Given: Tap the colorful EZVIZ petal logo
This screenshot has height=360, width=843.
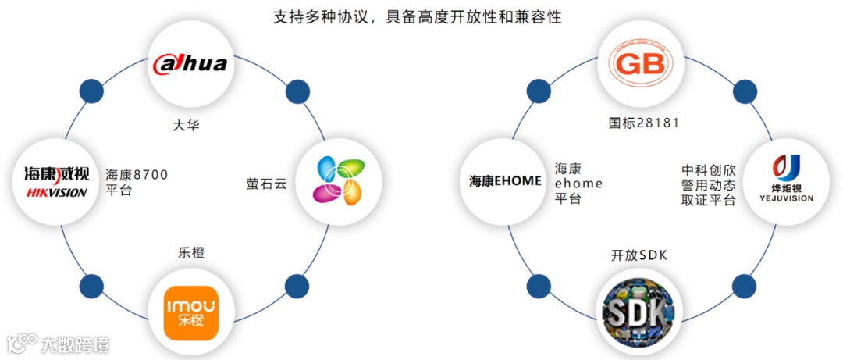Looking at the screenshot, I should [x=340, y=181].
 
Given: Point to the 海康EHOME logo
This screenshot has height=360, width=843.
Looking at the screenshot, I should [x=505, y=181].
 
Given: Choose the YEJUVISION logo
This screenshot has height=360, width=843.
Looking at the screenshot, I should [x=786, y=181].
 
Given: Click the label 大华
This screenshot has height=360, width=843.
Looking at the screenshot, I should [x=186, y=124].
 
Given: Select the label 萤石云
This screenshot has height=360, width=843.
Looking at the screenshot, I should [x=266, y=185].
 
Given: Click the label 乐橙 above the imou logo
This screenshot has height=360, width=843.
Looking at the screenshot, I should [x=190, y=252].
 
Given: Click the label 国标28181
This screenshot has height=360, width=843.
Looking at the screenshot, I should [x=644, y=123].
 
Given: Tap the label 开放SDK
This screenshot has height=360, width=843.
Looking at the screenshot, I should [x=639, y=255].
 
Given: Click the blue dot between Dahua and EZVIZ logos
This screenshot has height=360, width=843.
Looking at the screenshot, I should [x=297, y=91].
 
